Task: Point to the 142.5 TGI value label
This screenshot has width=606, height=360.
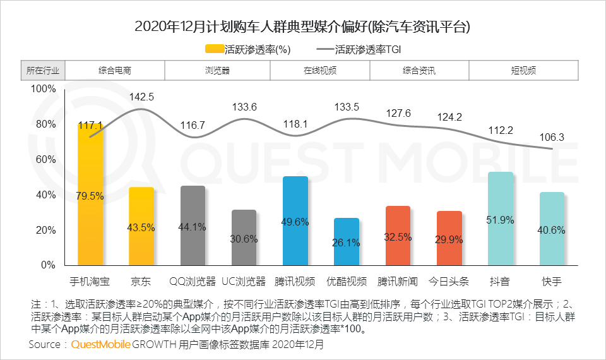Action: point(141,97)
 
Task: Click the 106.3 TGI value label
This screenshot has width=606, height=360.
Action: point(552,137)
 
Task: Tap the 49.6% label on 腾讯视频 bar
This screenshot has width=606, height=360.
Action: point(295,222)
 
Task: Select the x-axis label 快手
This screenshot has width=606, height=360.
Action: point(552,281)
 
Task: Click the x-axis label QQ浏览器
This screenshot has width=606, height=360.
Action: point(193,281)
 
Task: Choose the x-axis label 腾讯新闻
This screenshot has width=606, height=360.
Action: point(398,281)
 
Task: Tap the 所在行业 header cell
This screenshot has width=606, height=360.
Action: point(43,71)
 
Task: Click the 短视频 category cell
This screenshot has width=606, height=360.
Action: point(523,71)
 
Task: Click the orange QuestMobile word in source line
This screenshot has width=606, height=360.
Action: point(100,345)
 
